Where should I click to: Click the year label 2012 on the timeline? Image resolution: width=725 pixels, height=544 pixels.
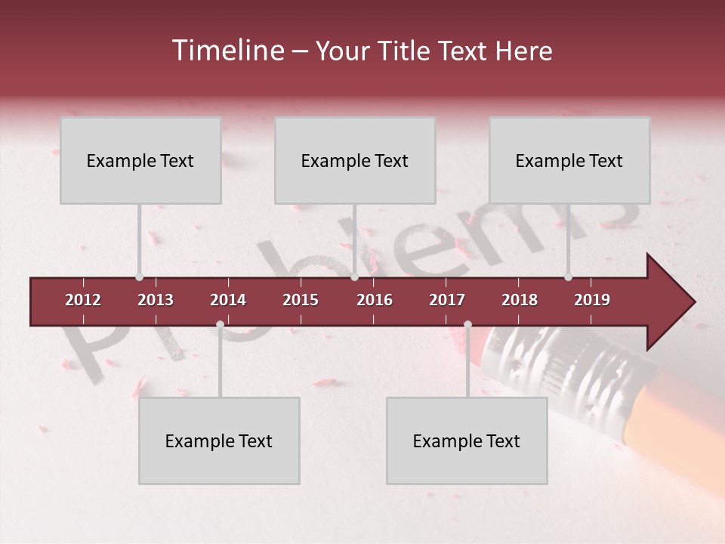[x=83, y=300]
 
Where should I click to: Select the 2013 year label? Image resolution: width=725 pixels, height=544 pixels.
[x=156, y=300]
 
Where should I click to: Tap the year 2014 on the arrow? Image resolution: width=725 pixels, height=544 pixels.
[x=228, y=300]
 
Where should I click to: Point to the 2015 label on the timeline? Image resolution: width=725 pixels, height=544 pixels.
[x=301, y=300]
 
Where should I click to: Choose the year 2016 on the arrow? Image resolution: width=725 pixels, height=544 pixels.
[x=375, y=300]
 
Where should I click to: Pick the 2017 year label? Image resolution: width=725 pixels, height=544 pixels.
[x=447, y=300]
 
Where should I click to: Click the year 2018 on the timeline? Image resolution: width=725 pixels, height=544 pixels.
[x=520, y=300]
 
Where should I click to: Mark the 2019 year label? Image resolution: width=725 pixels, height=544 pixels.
[x=592, y=300]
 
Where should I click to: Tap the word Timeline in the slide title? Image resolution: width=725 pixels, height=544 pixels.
[x=227, y=51]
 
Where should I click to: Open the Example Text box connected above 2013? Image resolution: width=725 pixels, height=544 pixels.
[x=140, y=160]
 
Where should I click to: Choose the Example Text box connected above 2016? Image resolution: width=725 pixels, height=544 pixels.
[x=355, y=160]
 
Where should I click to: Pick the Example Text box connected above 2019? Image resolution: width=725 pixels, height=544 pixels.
[x=569, y=160]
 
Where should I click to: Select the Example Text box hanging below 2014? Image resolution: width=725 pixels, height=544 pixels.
[x=219, y=440]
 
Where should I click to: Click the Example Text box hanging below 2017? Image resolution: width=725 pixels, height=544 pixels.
[x=467, y=440]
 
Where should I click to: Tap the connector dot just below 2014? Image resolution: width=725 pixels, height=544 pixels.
[x=220, y=325]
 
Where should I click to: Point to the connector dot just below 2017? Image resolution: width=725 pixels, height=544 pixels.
[x=467, y=325]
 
